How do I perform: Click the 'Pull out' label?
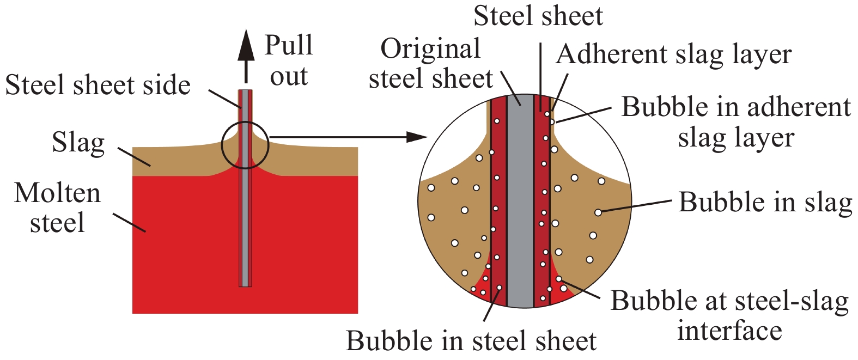coord(289,60)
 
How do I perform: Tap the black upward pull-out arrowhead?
coord(246,46)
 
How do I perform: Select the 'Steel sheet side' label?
coord(98,85)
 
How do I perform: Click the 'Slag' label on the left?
coord(78,143)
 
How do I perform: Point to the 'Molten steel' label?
coord(57,208)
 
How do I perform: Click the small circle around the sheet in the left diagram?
coord(222,145)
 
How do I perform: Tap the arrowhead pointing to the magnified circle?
coord(417,137)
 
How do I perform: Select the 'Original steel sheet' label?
coord(430,64)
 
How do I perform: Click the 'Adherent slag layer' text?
coord(674,55)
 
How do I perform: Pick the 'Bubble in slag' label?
coord(765,202)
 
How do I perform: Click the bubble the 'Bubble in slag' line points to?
coord(598,212)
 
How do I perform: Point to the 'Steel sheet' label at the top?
coord(538,16)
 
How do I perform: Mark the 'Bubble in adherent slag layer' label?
coord(736,122)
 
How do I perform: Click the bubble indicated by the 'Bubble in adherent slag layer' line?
coord(551,122)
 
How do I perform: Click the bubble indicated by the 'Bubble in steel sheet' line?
coord(499,288)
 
